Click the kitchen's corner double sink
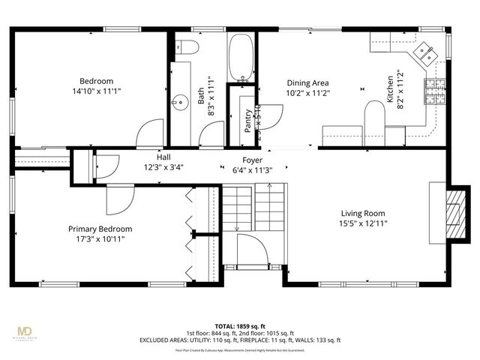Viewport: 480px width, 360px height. pyautogui.click(x=425, y=52)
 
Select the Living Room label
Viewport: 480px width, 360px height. pyautogui.click(x=364, y=212)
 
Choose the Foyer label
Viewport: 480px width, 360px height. pyautogui.click(x=251, y=160)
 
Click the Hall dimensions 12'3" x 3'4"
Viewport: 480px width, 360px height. pyautogui.click(x=163, y=166)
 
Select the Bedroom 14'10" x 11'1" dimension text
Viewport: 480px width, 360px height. pyautogui.click(x=96, y=91)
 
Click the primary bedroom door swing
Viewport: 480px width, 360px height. pyautogui.click(x=118, y=199)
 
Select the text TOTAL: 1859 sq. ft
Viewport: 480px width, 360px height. pyautogui.click(x=239, y=327)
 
